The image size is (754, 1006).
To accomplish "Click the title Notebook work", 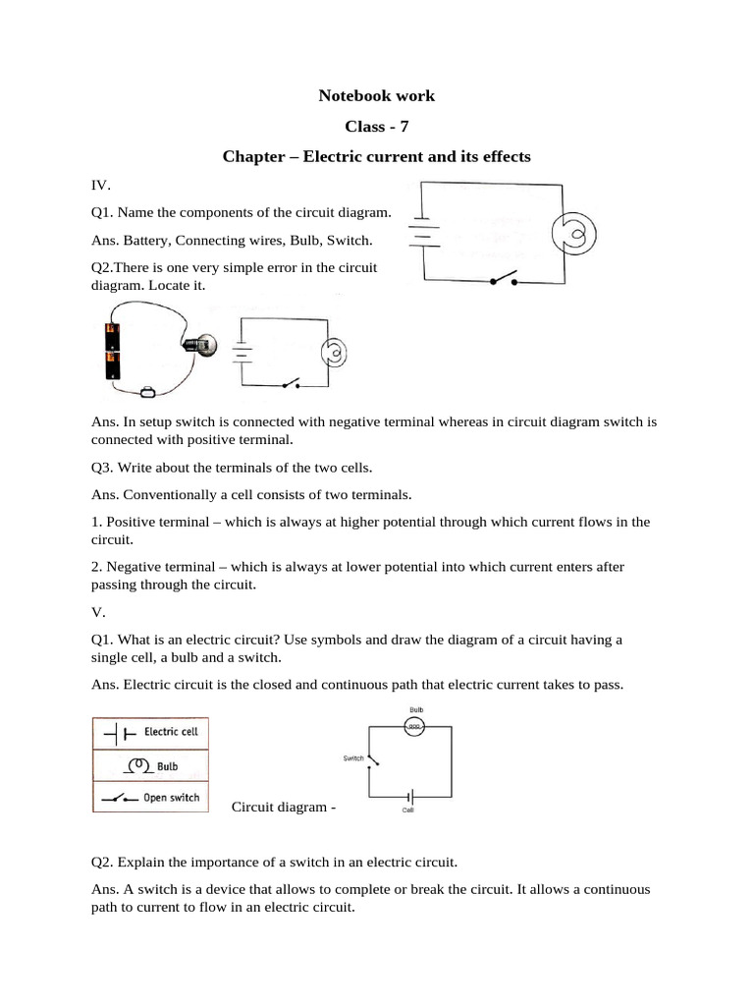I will pyautogui.click(x=376, y=96).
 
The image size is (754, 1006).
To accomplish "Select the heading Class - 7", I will pyautogui.click(x=376, y=127).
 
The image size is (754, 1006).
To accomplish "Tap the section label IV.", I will pyautogui.click(x=100, y=184).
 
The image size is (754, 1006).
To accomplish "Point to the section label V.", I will pyautogui.click(x=97, y=611).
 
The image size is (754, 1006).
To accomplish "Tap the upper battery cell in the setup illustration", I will pyautogui.click(x=113, y=336).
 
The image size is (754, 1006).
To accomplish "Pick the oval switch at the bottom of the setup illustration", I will pyautogui.click(x=149, y=393).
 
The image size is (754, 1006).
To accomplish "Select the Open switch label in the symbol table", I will pyautogui.click(x=171, y=798).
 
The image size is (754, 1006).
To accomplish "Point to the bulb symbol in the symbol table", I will pyautogui.click(x=139, y=764).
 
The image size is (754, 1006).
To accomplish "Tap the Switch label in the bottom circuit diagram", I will pyautogui.click(x=352, y=758).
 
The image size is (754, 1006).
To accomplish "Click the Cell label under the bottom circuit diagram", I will pyautogui.click(x=408, y=810).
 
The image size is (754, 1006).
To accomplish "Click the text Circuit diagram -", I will pyautogui.click(x=284, y=807).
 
